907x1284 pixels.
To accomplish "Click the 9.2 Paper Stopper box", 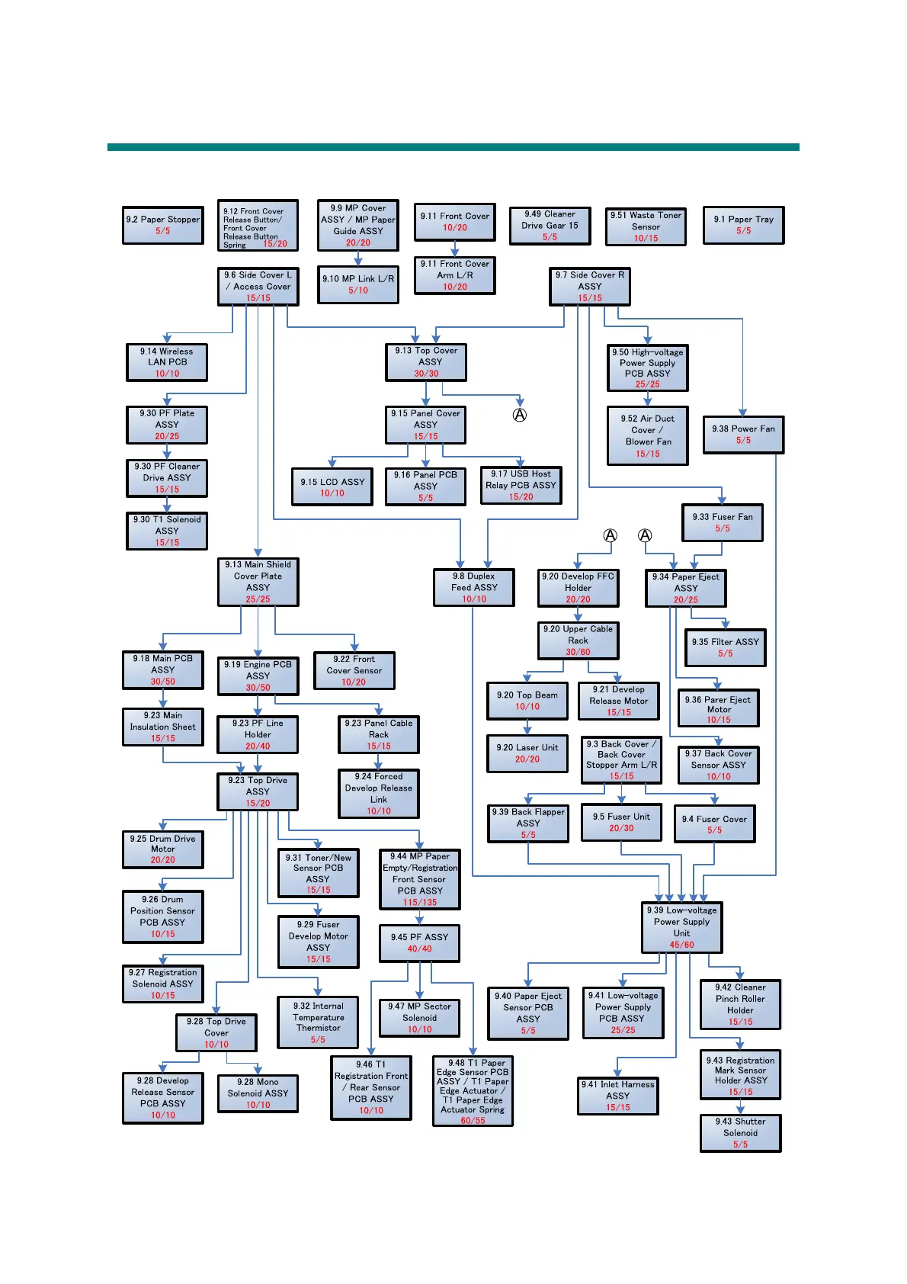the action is pos(162,225).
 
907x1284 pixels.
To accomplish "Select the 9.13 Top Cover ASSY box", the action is pos(426,361).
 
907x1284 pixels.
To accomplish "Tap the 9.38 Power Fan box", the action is pos(743,434).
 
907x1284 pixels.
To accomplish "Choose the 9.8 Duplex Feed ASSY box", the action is pos(473,587).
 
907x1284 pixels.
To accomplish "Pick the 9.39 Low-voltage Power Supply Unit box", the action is pos(681,926).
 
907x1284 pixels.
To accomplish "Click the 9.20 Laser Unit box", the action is pos(527,753).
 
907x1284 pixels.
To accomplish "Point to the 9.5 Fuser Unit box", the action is pos(621,822).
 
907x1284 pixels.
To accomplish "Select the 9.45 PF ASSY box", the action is pos(419,942).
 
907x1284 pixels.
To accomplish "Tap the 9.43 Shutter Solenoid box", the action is pos(740,1132).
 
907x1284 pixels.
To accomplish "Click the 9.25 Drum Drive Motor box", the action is pos(162,849).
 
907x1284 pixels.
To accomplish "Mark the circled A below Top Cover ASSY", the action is pos(520,415).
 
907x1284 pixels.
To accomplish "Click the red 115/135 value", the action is pos(420,902).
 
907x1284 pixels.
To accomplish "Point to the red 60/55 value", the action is pos(473,1120).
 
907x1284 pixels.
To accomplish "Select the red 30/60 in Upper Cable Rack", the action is pos(578,652).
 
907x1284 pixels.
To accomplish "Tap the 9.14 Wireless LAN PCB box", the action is pos(167,362).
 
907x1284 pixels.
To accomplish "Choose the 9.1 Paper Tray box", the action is pos(743,225).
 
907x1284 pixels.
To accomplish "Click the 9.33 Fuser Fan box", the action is pos(722,522).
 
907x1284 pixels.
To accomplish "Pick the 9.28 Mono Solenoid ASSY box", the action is pos(258,1093).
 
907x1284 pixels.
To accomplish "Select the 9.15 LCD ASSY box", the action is pos(332,486).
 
